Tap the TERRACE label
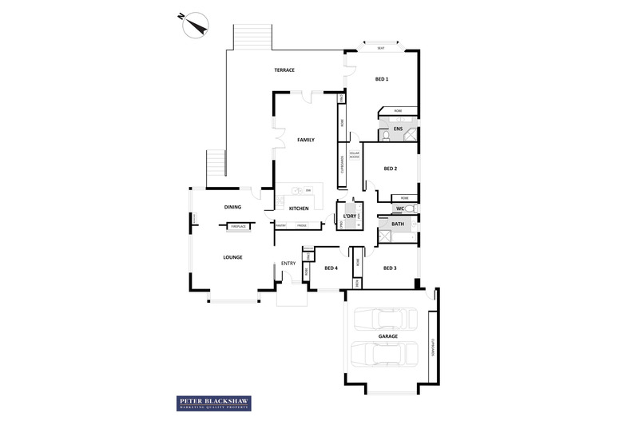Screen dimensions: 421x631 click(x=284, y=70)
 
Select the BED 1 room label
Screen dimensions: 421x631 click(x=382, y=79)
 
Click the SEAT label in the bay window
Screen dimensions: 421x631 click(x=380, y=49)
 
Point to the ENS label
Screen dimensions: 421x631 click(x=397, y=129)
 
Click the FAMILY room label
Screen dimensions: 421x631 click(x=306, y=140)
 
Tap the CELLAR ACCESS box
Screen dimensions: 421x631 click(x=354, y=156)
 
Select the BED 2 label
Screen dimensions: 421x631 click(x=391, y=169)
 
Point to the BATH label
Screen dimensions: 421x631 click(x=397, y=224)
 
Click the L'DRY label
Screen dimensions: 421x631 click(x=348, y=217)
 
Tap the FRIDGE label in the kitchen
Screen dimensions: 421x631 click(x=301, y=226)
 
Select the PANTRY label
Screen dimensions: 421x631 click(x=281, y=226)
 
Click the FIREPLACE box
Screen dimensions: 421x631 click(x=238, y=227)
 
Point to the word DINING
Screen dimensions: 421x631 click(x=232, y=207)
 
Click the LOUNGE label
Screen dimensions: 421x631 click(x=232, y=256)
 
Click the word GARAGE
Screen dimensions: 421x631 click(x=388, y=336)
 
